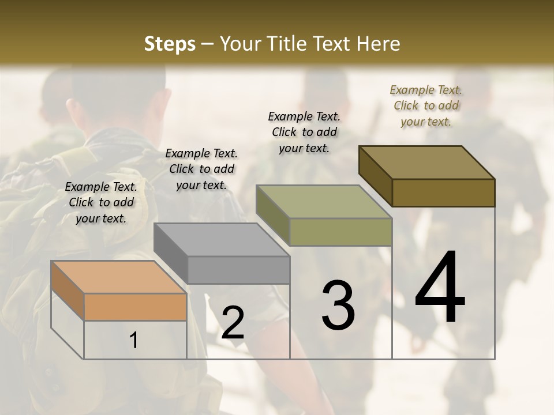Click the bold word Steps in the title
(170, 44)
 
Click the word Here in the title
(377, 44)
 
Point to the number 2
(233, 323)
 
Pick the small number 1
(134, 340)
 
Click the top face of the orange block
(118, 277)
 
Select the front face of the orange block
(135, 307)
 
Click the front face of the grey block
(238, 270)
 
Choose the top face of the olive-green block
(324, 202)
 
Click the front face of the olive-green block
(340, 232)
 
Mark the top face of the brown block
(426, 163)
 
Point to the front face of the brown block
(443, 193)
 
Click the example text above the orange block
(101, 202)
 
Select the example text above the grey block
(201, 169)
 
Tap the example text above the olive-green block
(304, 132)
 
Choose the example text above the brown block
(426, 105)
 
